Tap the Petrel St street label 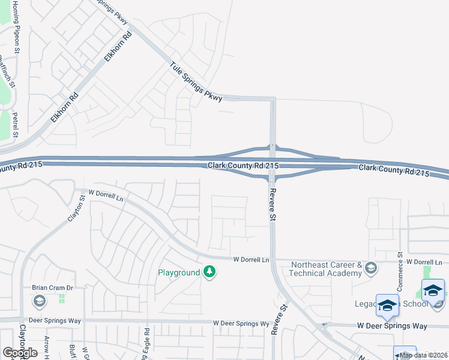tap(16, 124)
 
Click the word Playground tap(178, 272)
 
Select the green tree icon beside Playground tap(209, 272)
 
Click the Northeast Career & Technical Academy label tap(325, 268)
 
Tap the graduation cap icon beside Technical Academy tap(370, 268)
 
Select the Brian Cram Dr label tap(52, 288)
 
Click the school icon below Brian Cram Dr tap(40, 301)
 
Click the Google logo tap(20, 353)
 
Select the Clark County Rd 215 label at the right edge tap(394, 171)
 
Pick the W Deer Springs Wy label tap(241, 323)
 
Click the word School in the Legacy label tap(415, 304)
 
